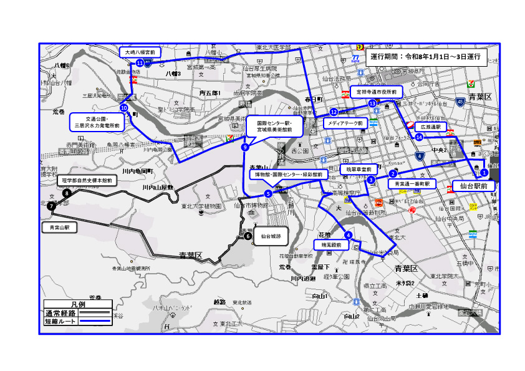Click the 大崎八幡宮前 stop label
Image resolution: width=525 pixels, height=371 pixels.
(140, 52)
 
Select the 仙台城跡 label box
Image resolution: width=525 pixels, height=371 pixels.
(271, 236)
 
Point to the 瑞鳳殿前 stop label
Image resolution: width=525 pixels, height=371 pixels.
(330, 246)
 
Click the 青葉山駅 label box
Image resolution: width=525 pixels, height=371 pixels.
(60, 228)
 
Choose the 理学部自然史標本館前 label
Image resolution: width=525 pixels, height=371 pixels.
(87, 181)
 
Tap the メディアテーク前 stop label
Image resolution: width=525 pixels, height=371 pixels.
(344, 123)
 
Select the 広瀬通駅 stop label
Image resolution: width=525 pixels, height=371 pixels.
(430, 127)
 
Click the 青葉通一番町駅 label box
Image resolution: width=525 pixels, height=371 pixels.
(410, 184)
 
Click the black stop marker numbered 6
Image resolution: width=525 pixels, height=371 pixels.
(248, 236)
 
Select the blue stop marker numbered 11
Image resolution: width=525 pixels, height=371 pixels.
(140, 63)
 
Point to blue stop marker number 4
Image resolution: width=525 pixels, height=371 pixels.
(348, 235)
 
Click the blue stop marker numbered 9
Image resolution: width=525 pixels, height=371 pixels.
(245, 147)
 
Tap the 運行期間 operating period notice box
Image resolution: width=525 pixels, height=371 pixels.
(425, 56)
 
